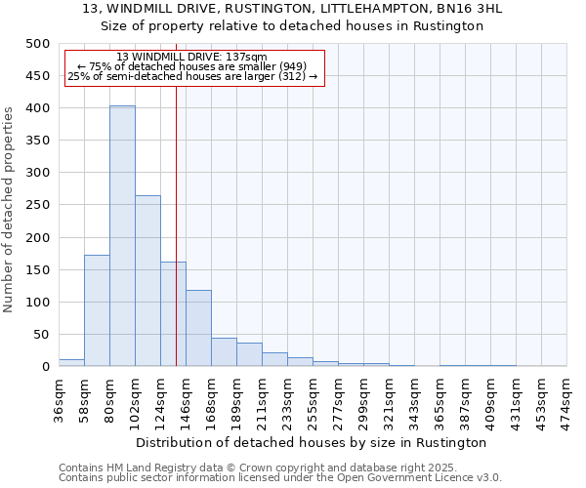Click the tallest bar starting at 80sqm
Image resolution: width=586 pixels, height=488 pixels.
pos(122,236)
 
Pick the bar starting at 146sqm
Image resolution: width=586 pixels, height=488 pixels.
pos(198,328)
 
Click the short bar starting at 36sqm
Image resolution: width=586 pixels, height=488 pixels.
pos(71,362)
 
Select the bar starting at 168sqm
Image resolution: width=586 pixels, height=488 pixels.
pos(224,352)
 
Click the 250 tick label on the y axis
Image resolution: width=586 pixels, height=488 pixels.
pos(37,205)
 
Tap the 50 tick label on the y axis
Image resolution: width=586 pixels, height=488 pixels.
pos(41,335)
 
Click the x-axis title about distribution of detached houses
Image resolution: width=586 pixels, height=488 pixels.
pos(312,442)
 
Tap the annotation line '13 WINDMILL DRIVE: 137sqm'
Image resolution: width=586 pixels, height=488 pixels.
pos(191,58)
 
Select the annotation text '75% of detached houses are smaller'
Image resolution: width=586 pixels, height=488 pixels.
pos(191,66)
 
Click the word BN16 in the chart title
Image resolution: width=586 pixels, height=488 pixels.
pos(419,9)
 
